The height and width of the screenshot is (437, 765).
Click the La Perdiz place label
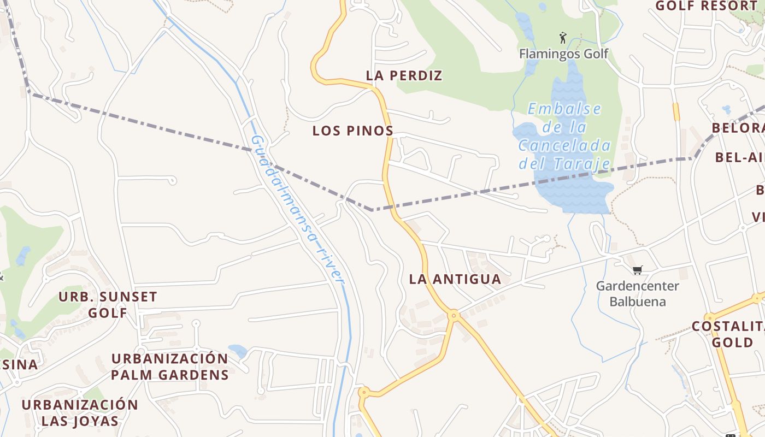[404, 76]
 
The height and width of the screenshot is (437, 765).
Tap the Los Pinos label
[352, 131]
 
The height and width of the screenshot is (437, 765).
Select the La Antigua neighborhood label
[455, 279]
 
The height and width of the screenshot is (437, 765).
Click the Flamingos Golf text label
[563, 54]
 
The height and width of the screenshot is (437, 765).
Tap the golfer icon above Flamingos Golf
[563, 38]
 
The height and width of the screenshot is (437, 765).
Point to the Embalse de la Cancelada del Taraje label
[564, 137]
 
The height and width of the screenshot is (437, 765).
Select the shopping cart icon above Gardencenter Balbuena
[637, 270]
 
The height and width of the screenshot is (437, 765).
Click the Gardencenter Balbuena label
[637, 294]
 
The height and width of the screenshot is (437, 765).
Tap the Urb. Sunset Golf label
[108, 305]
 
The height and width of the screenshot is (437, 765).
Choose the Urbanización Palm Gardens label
[170, 367]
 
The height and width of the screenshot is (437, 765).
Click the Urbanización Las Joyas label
[80, 413]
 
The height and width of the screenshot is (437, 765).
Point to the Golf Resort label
[706, 6]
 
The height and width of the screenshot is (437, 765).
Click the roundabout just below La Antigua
[453, 315]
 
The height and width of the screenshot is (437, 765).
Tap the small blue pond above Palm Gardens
[238, 350]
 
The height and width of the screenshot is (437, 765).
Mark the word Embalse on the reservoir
[564, 109]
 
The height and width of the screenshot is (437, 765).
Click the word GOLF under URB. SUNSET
[108, 313]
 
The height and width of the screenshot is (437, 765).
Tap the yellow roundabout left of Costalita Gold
[710, 317]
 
